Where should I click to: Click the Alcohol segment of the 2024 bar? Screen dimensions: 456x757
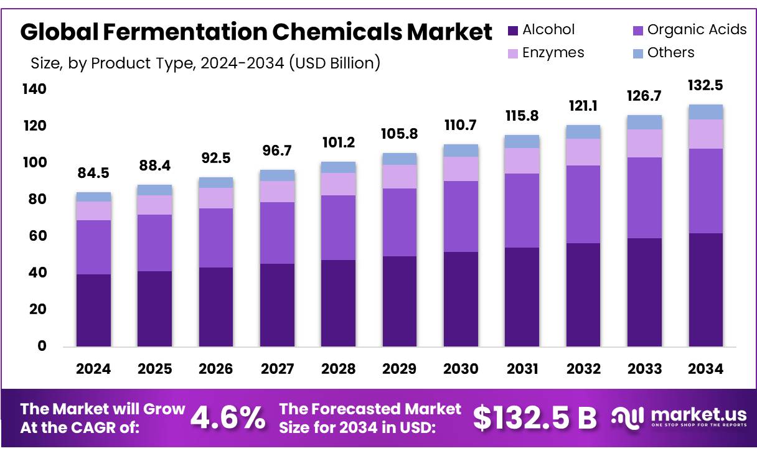pyautogui.click(x=93, y=310)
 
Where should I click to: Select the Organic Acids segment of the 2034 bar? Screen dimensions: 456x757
pyautogui.click(x=705, y=190)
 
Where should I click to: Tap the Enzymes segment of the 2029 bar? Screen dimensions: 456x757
pyautogui.click(x=399, y=177)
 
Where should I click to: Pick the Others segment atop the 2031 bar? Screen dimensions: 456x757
pyautogui.click(x=522, y=141)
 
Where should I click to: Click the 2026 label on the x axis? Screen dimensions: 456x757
pyautogui.click(x=215, y=369)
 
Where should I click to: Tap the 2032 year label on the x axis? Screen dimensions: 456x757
pyautogui.click(x=583, y=369)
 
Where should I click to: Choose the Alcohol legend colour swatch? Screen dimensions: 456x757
pyautogui.click(x=513, y=30)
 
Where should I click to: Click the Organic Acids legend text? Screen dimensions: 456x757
pyautogui.click(x=697, y=30)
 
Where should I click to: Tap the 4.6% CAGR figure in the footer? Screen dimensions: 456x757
pyautogui.click(x=227, y=418)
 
